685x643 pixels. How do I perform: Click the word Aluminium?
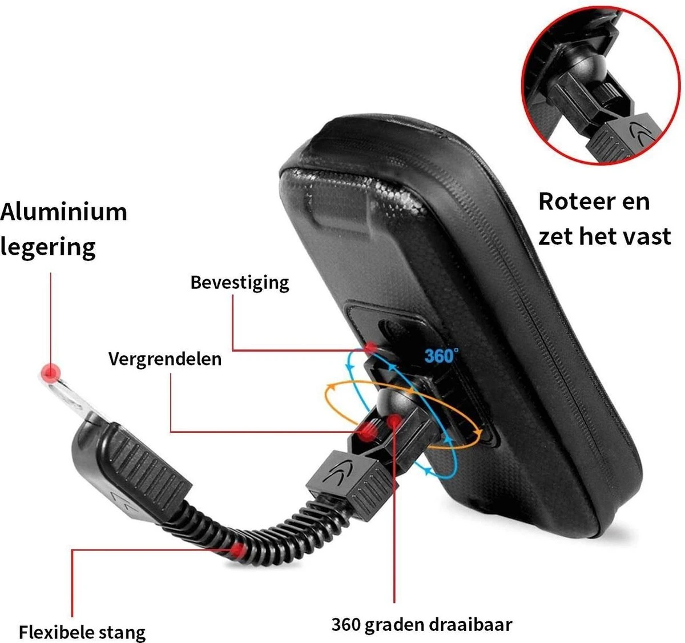pyautogui.click(x=63, y=211)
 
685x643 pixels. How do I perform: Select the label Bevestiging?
pyautogui.click(x=240, y=283)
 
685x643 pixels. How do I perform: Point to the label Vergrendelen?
pyautogui.click(x=165, y=359)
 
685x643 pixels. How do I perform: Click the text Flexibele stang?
pyautogui.click(x=82, y=632)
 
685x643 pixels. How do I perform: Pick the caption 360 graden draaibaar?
pyautogui.click(x=422, y=624)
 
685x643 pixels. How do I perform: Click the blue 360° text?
pyautogui.click(x=441, y=356)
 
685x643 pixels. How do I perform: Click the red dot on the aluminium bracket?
pyautogui.click(x=51, y=373)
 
